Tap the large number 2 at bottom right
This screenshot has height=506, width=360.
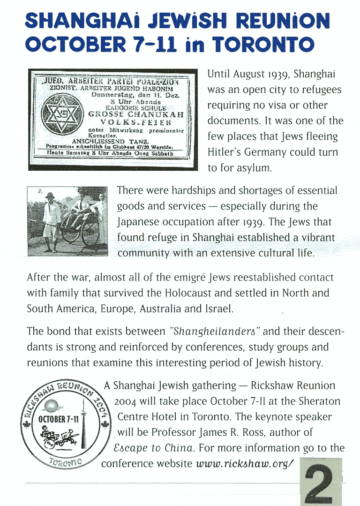(322, 483)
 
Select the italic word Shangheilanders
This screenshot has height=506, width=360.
(214, 332)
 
